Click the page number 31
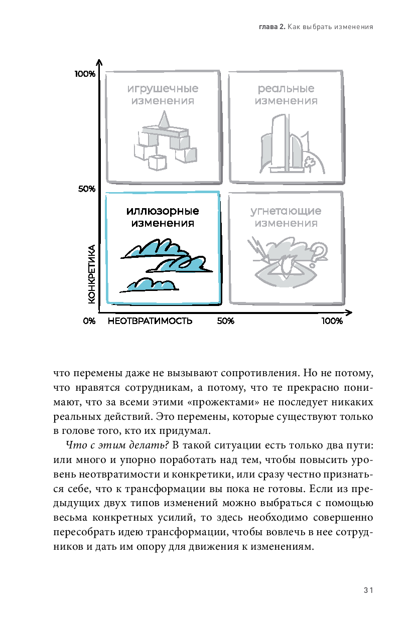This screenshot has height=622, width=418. click(x=368, y=590)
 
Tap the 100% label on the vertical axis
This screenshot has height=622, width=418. click(x=85, y=74)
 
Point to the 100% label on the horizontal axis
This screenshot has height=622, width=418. click(x=332, y=321)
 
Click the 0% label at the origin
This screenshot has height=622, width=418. click(x=89, y=321)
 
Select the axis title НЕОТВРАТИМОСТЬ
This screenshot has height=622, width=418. click(x=150, y=321)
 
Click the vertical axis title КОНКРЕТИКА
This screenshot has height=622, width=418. click(x=91, y=274)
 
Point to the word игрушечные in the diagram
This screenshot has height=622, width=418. click(x=163, y=89)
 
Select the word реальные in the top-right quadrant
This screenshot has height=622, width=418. click(x=286, y=89)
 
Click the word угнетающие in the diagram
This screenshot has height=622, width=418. click(x=286, y=211)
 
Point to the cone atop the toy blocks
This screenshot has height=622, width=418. click(x=163, y=119)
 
